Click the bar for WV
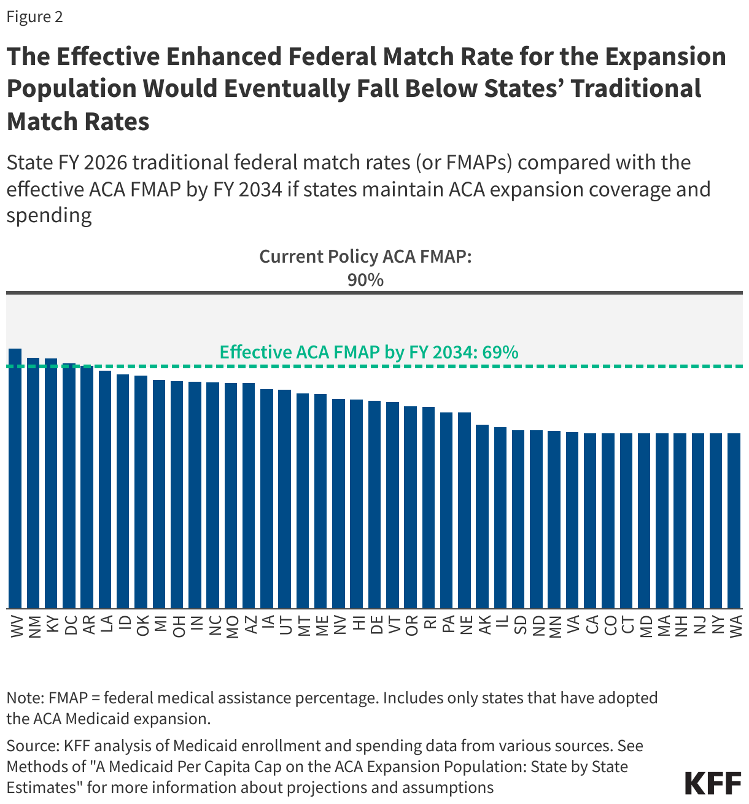(15, 479)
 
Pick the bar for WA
(734, 521)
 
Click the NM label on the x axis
(34, 626)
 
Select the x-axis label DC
(69, 626)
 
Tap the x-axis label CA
(591, 626)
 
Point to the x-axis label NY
(716, 626)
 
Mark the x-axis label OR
(411, 626)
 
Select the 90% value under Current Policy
(365, 280)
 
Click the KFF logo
(713, 784)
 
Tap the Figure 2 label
(34, 17)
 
